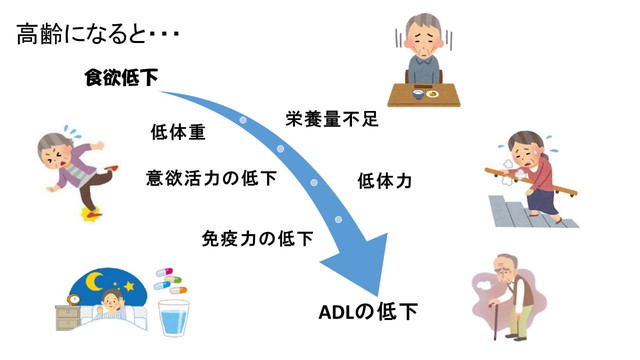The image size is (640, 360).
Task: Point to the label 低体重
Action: pos(178,133)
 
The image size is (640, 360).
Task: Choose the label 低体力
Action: pos(384,181)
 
